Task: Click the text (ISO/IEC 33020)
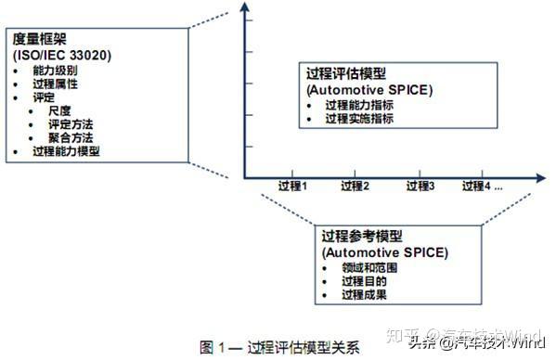click(x=62, y=56)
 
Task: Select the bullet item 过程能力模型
click(x=66, y=151)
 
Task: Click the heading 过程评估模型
click(x=349, y=73)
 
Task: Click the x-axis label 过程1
click(x=291, y=186)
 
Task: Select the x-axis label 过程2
click(x=356, y=186)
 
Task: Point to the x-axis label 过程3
click(x=420, y=186)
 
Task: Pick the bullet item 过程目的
click(x=363, y=281)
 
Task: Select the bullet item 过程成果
click(x=363, y=295)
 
